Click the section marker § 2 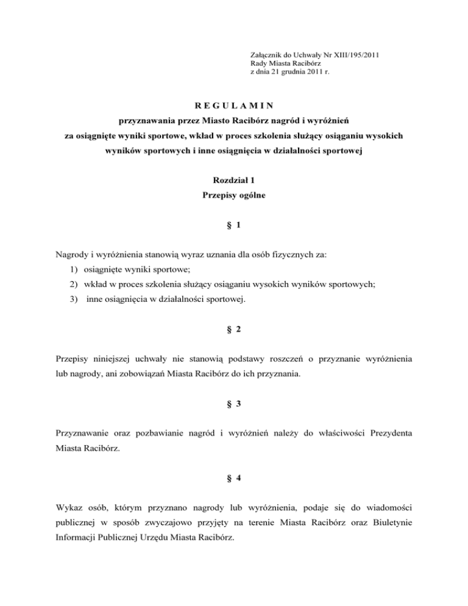point(233,329)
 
